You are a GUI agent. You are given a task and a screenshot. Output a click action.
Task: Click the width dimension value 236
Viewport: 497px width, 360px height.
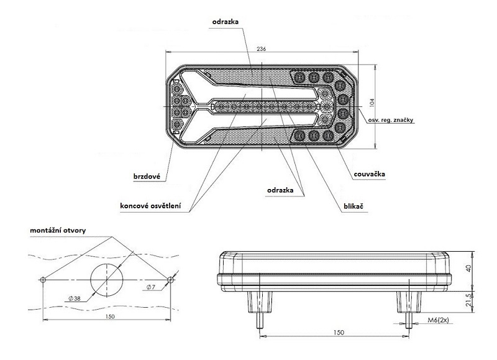(x=261, y=49)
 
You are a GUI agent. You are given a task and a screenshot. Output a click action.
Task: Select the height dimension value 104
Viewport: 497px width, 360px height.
(x=372, y=102)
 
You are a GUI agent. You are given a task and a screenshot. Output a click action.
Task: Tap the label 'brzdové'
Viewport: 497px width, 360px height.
(x=147, y=177)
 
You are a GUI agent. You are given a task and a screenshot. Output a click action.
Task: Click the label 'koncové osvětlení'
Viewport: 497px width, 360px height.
(x=150, y=206)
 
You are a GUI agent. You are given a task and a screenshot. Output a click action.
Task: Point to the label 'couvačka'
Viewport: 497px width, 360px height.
(x=369, y=174)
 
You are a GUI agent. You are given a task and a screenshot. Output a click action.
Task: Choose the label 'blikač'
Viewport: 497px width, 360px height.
(x=353, y=206)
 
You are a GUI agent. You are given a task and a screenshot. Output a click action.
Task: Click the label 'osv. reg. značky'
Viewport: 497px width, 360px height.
(x=391, y=120)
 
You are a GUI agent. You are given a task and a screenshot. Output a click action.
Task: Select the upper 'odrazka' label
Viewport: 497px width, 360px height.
(x=226, y=22)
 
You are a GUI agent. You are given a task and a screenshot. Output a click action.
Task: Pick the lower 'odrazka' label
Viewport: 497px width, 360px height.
(x=280, y=190)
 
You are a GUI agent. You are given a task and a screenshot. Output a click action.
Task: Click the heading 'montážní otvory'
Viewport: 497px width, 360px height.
(x=58, y=230)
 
